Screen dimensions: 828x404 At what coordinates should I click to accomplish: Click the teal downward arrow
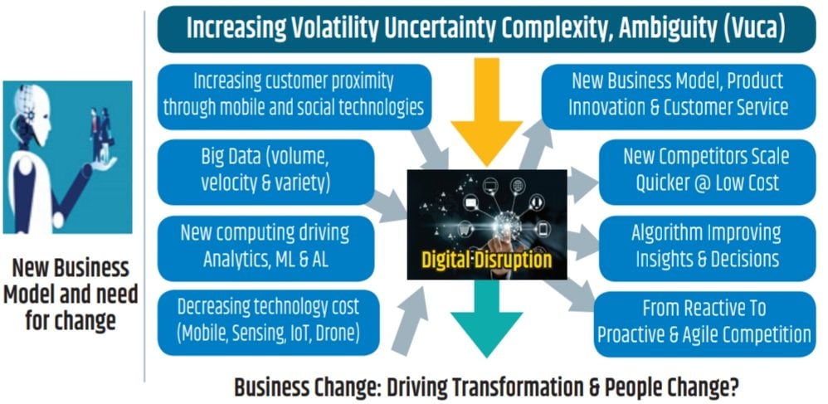click(486, 318)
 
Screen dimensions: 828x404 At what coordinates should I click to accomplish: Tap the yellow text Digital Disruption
click(486, 260)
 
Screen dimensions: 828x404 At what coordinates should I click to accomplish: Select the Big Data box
click(265, 173)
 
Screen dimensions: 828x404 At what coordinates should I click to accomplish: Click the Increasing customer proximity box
click(295, 96)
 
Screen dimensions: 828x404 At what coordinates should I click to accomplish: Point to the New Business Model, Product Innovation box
click(679, 96)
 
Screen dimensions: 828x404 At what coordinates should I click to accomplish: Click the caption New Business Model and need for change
click(71, 294)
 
